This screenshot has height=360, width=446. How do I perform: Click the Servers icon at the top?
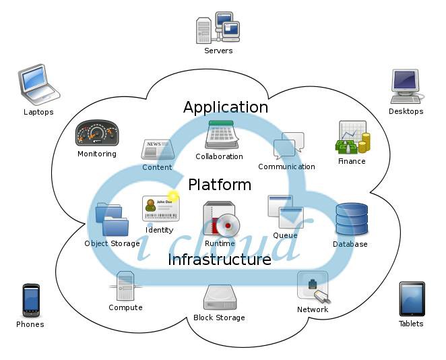coord(218,28)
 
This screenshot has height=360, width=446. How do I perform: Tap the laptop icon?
coord(38,84)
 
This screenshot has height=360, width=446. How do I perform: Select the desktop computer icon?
coord(406,86)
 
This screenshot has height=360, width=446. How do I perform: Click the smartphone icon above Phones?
coord(31,300)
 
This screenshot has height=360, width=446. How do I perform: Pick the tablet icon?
coord(412,299)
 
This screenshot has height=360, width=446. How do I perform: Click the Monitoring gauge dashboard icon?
coord(97,133)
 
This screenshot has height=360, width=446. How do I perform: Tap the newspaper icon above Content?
coord(158,149)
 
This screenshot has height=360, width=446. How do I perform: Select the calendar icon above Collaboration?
coord(222,135)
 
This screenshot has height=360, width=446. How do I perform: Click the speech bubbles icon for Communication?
coord(289,146)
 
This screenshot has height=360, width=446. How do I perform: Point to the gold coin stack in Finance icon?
coord(364,143)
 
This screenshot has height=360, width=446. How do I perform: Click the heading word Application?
coord(226,108)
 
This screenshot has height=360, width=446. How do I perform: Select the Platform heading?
coord(220,185)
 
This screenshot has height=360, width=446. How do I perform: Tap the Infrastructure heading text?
coord(220,260)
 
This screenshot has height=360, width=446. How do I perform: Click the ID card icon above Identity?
coord(161,208)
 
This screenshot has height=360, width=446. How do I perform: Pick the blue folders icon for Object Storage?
coord(112,219)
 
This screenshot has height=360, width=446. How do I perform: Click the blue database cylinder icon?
coord(352,218)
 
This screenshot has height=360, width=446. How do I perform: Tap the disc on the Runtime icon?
coord(228,226)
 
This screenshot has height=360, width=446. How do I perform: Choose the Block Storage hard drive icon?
coord(220,297)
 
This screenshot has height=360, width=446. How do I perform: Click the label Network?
coord(313,309)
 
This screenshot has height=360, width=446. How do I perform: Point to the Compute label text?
coord(125,307)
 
